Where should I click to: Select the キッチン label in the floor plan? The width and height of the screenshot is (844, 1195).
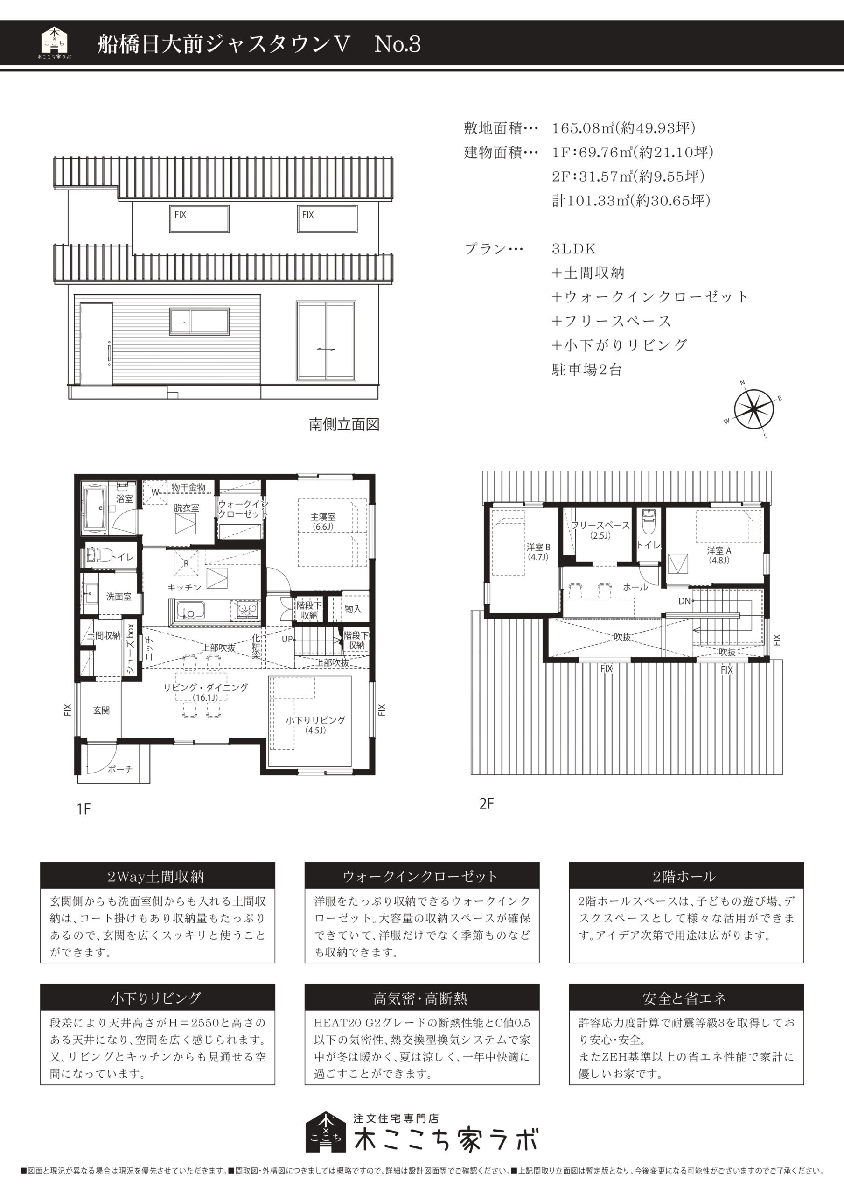pos(184,587)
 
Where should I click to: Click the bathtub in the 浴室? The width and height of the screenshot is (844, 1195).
pos(95,510)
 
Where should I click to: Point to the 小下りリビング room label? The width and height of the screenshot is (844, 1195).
pos(315,720)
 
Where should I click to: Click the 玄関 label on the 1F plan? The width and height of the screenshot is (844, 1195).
pos(101,710)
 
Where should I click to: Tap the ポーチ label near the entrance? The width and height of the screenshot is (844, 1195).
pos(120,769)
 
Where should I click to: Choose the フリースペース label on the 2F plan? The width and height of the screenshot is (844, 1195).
pos(600,525)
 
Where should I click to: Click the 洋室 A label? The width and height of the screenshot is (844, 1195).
pos(719,551)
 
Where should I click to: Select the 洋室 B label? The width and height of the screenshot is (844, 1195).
pos(538,547)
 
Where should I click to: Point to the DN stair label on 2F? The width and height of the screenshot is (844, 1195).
pos(684,601)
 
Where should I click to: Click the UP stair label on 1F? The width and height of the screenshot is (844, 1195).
pos(287,639)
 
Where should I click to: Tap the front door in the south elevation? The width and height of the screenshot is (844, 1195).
pos(96,344)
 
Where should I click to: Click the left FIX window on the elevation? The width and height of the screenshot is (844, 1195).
pos(199,219)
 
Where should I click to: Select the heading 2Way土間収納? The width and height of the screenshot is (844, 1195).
pos(156,877)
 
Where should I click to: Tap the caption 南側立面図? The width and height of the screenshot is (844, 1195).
pos(344,424)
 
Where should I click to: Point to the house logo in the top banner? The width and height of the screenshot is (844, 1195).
pos(55,42)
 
